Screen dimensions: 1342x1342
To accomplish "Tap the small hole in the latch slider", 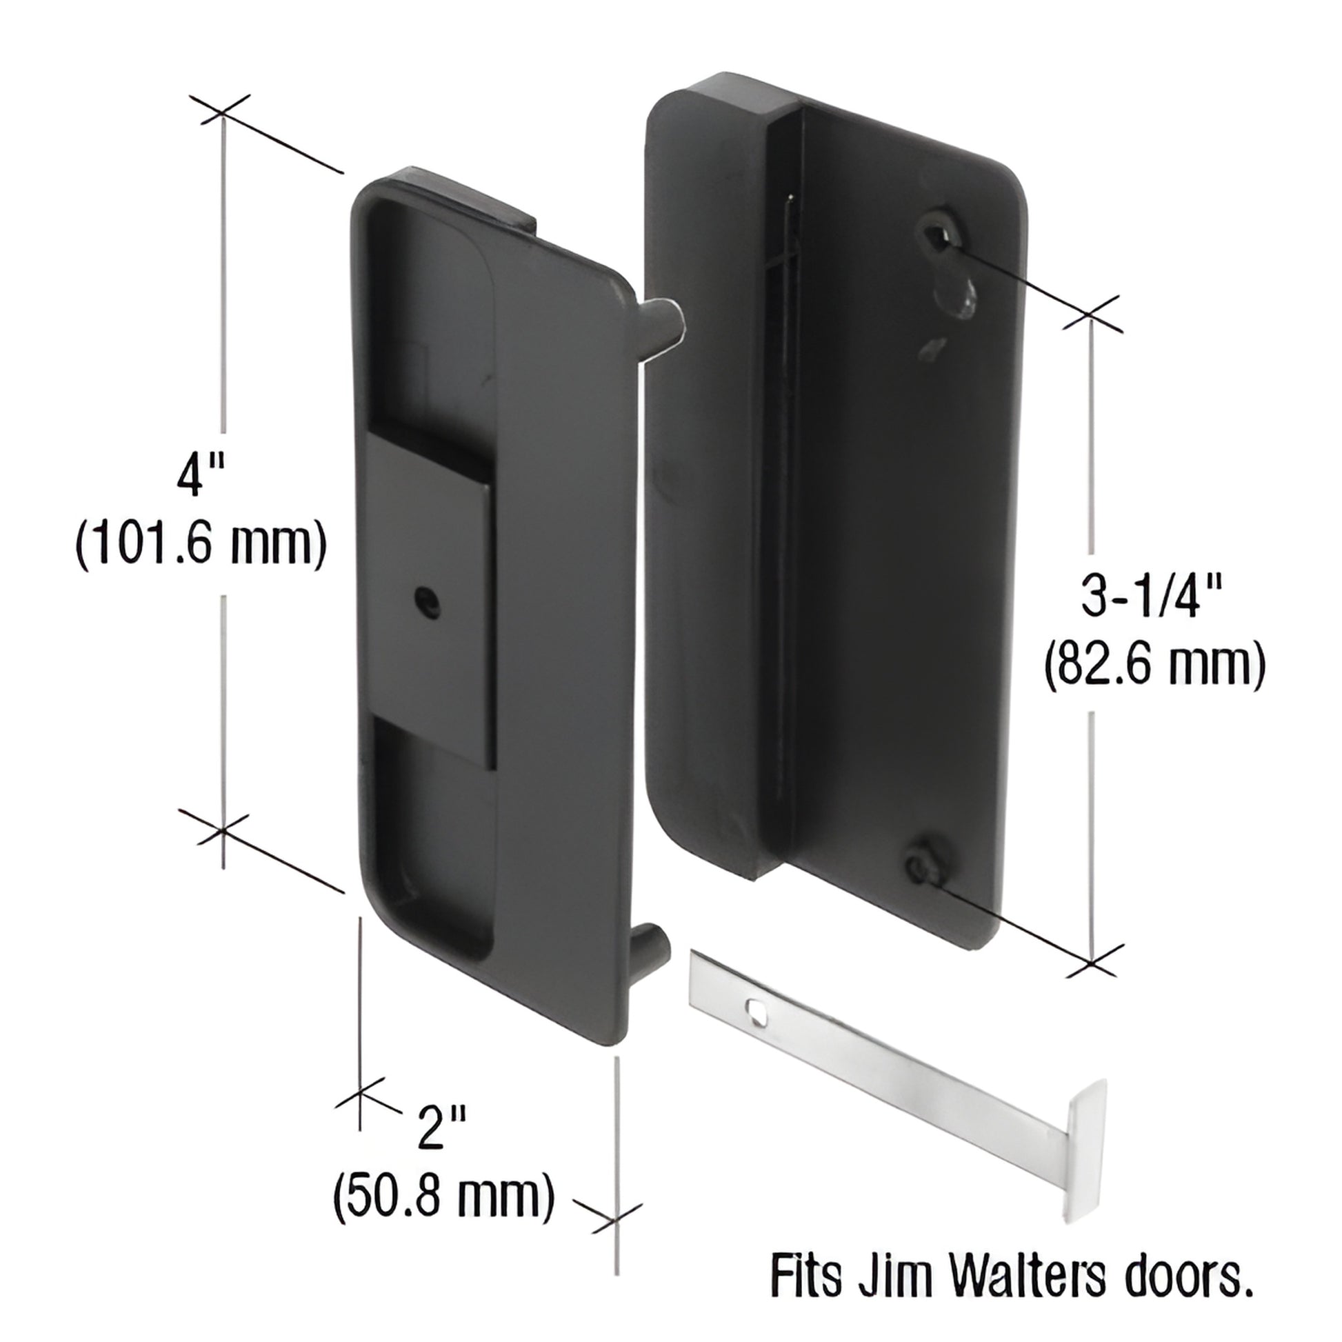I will [425, 599].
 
